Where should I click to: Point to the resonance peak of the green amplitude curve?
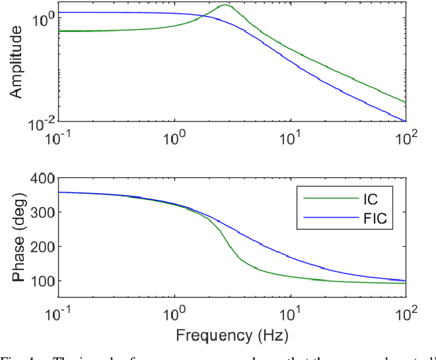pos(225,5)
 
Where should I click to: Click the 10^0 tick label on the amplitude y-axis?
pos(42,19)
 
